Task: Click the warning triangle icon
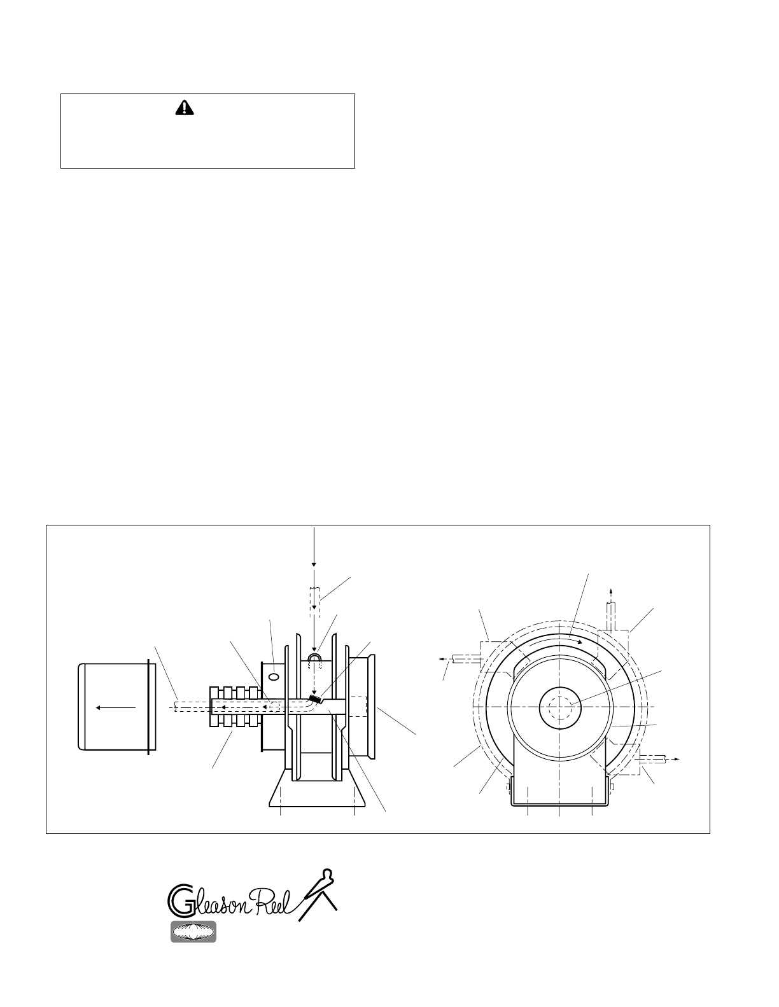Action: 185,108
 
